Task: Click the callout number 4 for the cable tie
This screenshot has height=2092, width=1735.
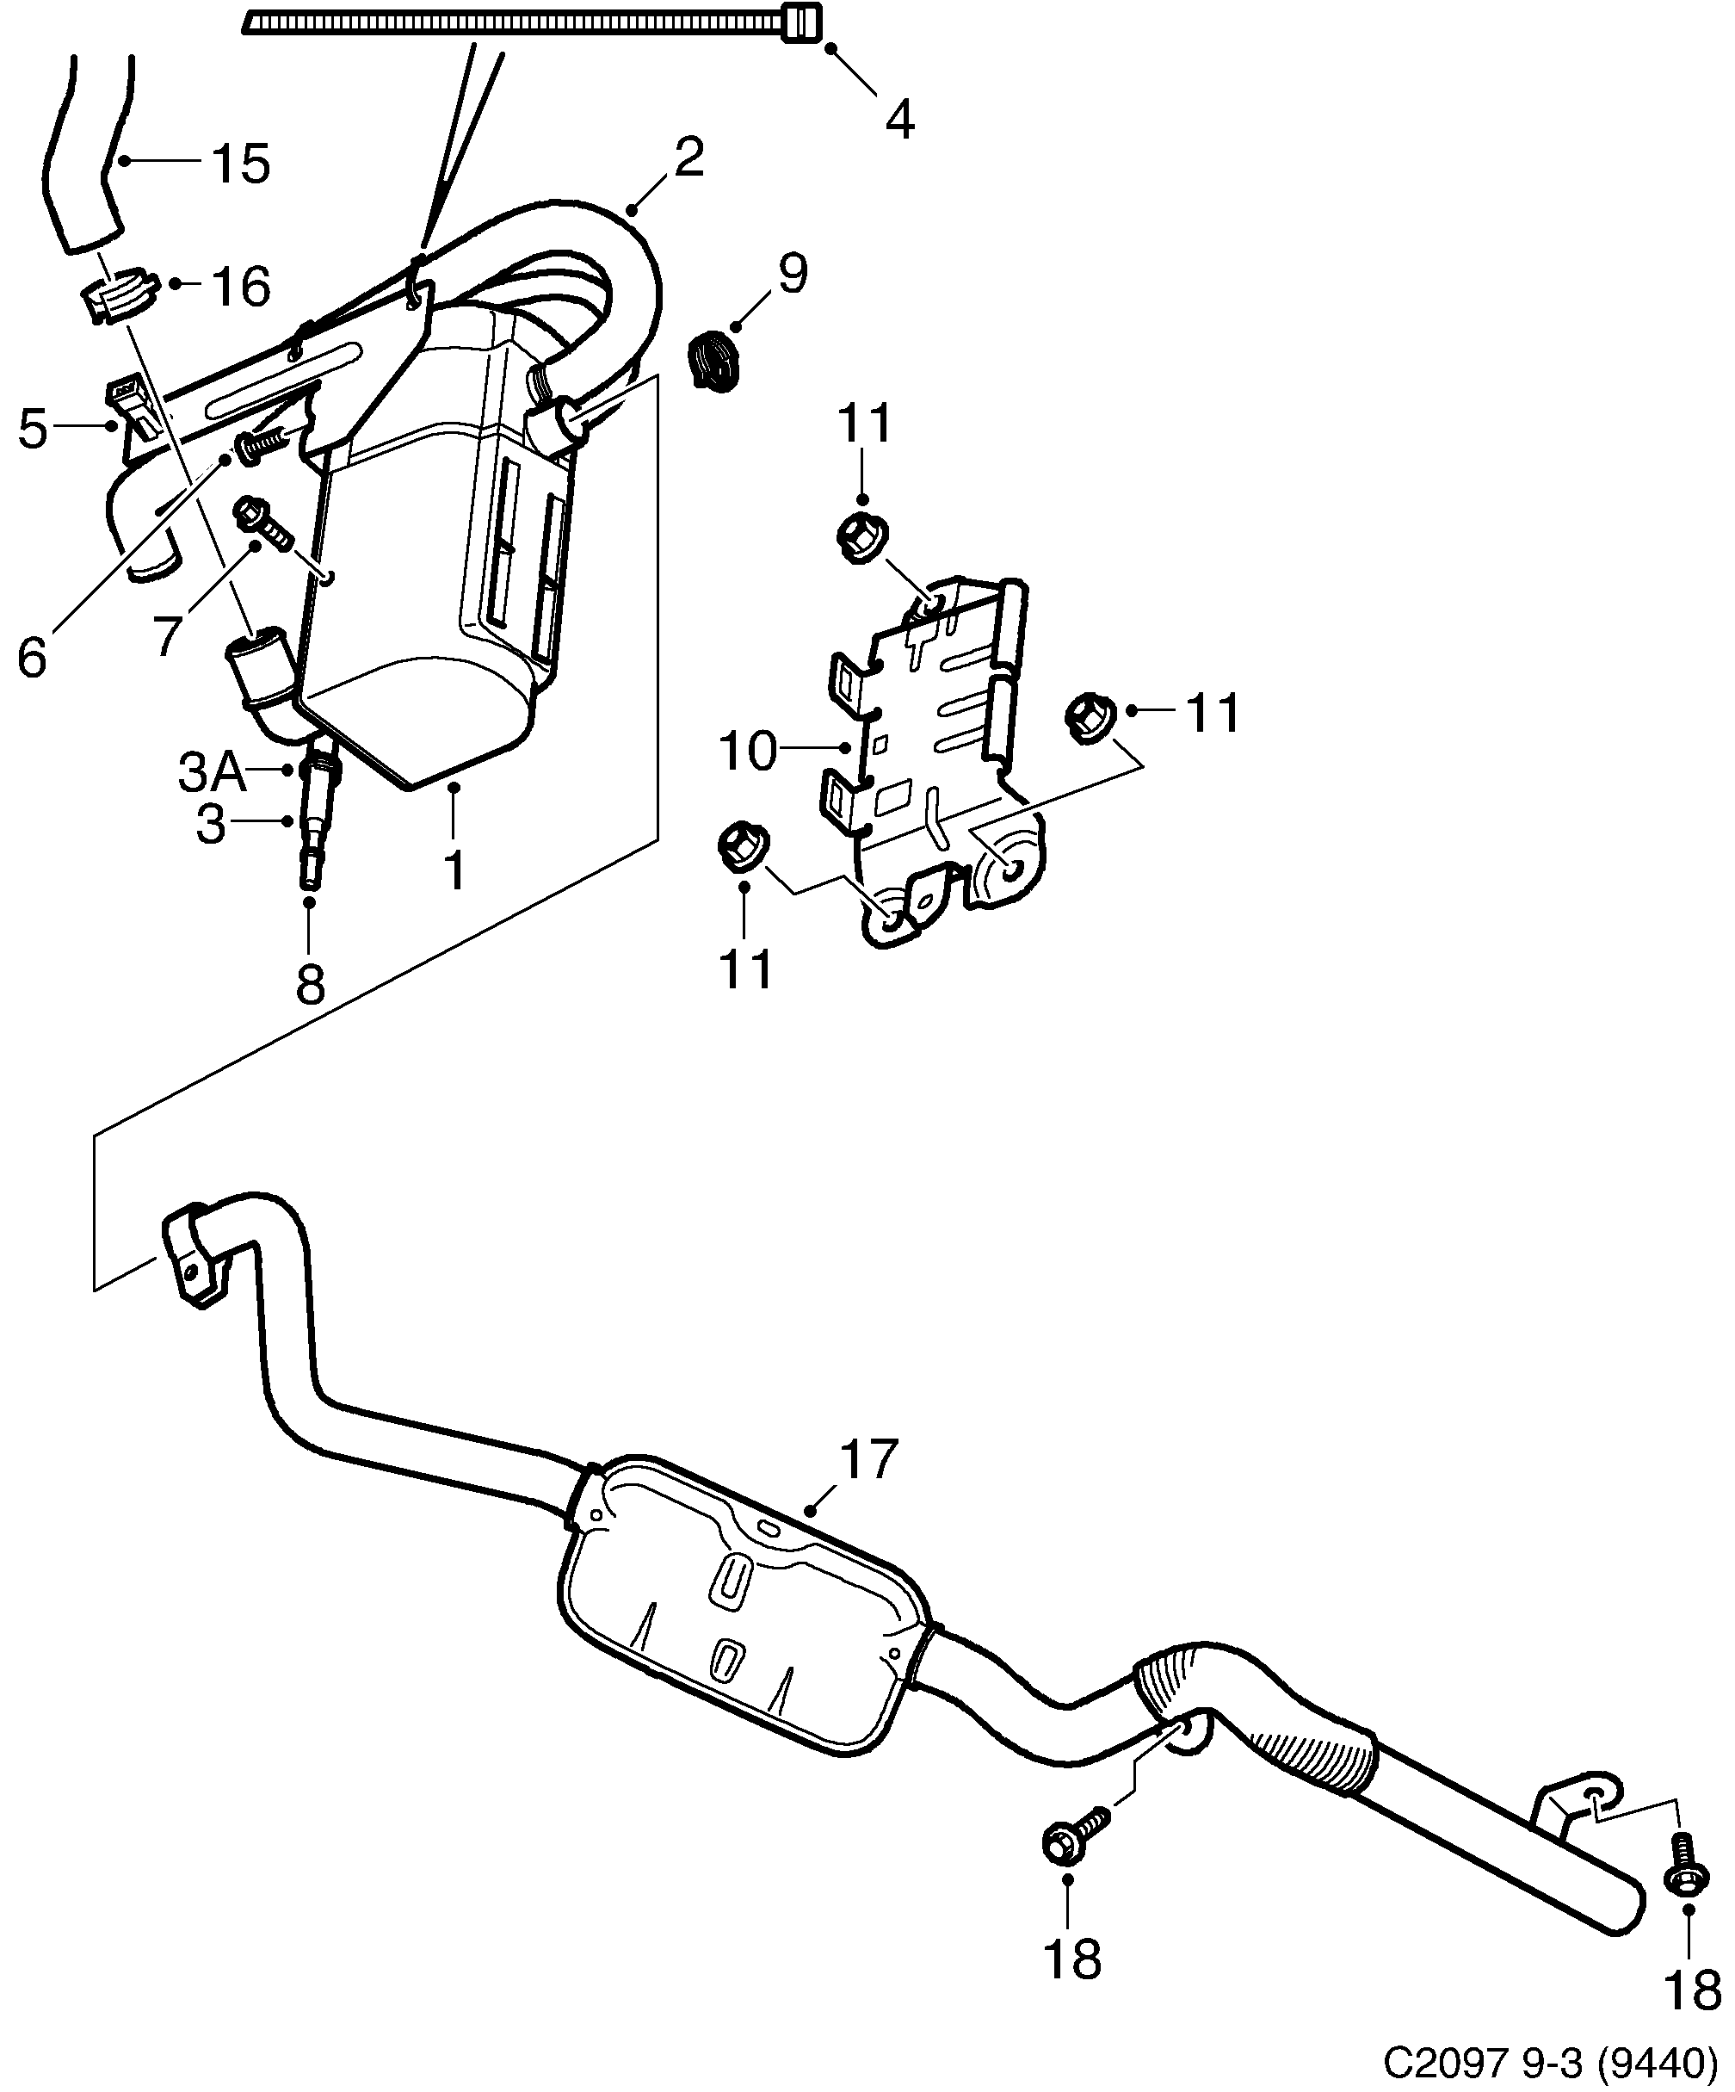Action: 898,121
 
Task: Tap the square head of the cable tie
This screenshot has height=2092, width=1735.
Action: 803,22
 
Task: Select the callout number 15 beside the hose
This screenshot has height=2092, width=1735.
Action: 240,164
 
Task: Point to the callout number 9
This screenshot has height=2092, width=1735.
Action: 792,273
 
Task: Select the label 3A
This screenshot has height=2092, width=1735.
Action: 211,772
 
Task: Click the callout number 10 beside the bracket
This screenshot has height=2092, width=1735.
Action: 747,750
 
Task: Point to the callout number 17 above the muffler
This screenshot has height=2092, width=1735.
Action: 868,1459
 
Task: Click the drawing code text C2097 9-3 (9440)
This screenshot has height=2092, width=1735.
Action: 1551,2060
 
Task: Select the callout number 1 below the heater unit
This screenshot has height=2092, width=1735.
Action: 454,870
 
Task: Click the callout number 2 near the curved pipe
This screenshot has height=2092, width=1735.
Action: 688,158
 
